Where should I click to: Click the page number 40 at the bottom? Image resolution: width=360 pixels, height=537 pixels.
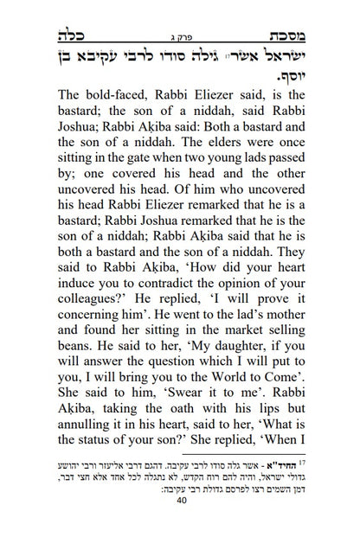[x=180, y=523]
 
